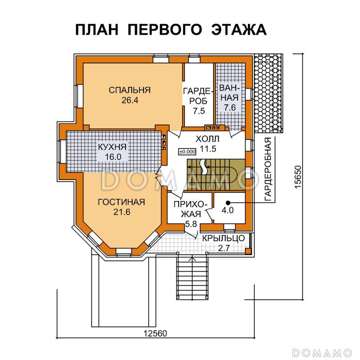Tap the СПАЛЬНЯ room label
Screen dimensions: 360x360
point(130,90)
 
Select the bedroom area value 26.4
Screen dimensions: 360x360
point(130,100)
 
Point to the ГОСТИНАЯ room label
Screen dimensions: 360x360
point(121,202)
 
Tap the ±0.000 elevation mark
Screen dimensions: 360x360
point(187,151)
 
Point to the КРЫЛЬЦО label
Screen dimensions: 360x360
point(223,238)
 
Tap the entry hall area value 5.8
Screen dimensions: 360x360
point(191,224)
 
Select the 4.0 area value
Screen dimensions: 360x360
point(228,210)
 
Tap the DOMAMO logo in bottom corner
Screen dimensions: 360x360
point(321,351)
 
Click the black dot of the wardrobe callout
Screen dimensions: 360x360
point(228,202)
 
